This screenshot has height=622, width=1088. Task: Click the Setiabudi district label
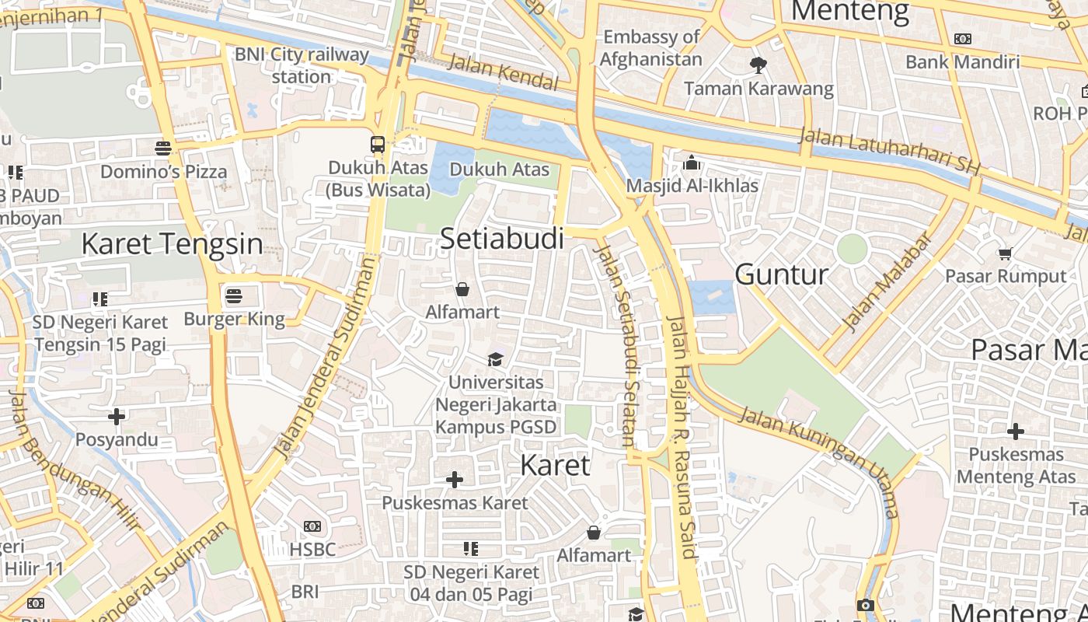coord(502,239)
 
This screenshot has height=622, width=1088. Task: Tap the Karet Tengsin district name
coord(172,243)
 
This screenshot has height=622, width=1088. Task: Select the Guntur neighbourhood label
coord(782,274)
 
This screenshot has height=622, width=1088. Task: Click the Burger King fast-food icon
coord(234,295)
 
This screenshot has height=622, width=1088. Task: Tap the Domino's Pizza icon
coord(163,148)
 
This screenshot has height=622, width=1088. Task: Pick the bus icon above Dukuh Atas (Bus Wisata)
coord(378,144)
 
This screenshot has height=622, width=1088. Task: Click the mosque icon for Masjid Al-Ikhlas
coord(691,162)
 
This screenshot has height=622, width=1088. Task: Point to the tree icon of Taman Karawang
coord(758,65)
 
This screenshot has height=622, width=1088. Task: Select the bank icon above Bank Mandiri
coord(963,39)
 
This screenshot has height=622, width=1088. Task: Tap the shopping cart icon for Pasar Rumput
coord(1005,253)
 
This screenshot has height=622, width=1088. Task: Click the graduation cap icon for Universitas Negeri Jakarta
coord(495,358)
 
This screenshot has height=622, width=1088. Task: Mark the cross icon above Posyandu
coord(117,417)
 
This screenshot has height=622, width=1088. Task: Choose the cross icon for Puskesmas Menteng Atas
coord(1016,431)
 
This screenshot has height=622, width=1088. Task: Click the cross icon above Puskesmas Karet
coord(455,480)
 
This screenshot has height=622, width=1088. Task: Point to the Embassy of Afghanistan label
coord(651,47)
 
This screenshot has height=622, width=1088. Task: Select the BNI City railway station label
coord(302,65)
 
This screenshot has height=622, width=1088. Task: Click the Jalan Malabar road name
coord(887,282)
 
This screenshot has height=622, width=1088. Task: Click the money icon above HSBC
coord(312,526)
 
